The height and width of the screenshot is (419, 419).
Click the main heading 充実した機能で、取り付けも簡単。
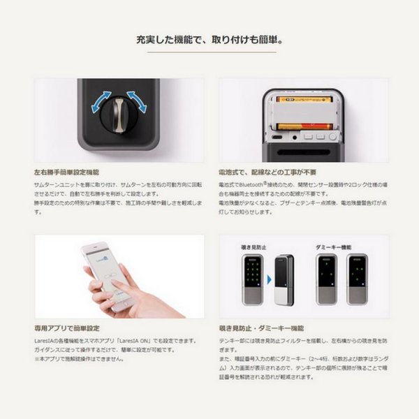pyautogui.click(x=209, y=39)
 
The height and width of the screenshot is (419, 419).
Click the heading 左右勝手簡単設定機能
pyautogui.click(x=67, y=170)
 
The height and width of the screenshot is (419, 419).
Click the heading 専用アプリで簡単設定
pyautogui.click(x=63, y=326)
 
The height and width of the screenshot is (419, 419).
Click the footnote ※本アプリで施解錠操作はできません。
pyautogui.click(x=79, y=359)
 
